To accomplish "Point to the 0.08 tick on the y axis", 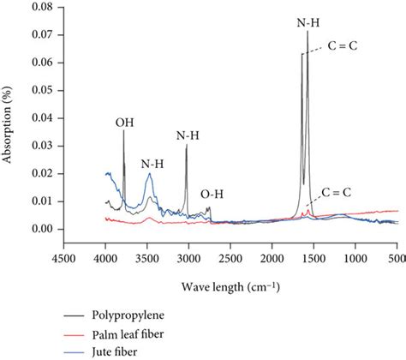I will coord(41,7).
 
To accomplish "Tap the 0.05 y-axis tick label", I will coord(41,90).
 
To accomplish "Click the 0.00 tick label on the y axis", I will coord(41,229).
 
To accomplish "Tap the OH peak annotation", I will coord(124,123).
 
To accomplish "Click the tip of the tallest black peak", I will coord(307,32).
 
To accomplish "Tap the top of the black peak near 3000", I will coord(186,145).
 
